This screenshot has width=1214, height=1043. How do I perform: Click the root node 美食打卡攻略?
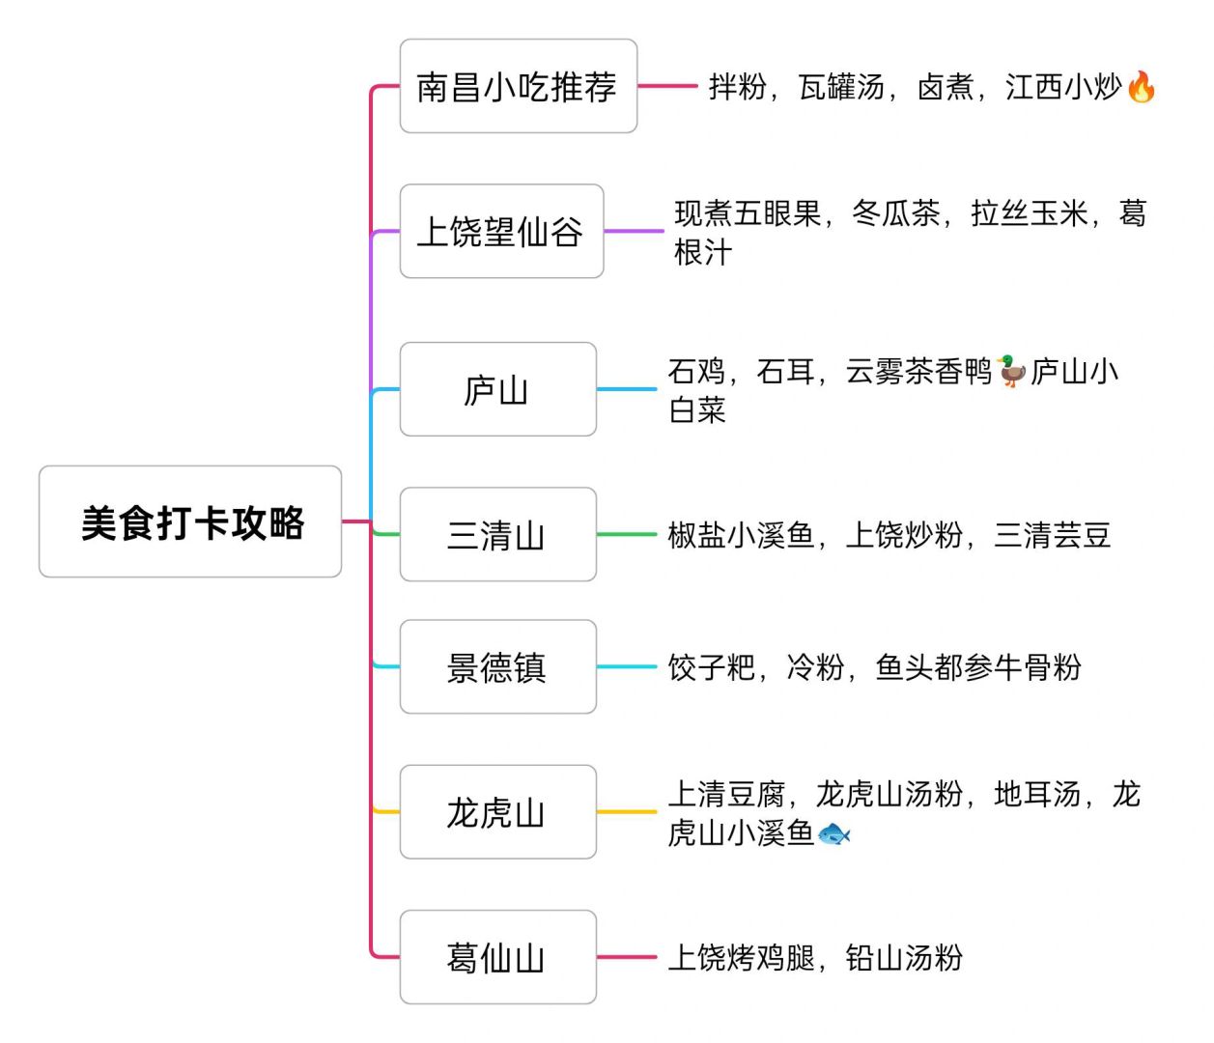190,521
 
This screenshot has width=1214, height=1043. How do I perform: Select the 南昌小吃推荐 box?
518,86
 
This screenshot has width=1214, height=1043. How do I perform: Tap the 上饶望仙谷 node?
501,232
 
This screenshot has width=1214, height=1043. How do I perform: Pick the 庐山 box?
497,389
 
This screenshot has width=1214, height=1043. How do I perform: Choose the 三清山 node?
497,534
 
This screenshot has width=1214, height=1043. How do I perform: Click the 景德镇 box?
497,666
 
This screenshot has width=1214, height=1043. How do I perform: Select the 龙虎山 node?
497,812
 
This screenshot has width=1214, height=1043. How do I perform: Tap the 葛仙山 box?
497,957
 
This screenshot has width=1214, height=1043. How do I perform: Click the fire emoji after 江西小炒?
1141,87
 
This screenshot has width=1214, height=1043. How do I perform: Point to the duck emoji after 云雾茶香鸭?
1010,371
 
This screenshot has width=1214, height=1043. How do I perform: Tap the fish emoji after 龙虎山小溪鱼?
833,833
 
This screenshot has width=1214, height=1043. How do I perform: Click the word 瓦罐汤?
841,87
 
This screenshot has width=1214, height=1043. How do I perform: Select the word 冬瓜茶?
896,213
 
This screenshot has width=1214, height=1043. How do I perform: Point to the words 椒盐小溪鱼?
741,535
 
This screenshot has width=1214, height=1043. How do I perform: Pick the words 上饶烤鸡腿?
741,958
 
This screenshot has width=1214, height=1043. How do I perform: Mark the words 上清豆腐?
726,794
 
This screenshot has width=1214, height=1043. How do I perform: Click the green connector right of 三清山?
626,534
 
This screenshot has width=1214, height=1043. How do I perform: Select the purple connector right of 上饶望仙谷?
634,232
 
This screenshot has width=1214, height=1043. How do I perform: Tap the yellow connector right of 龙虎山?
626,812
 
